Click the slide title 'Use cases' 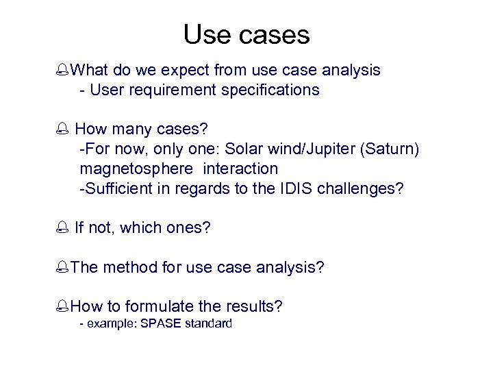(x=246, y=34)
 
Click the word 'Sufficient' (x=120, y=188)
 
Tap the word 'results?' (x=253, y=306)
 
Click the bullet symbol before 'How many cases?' (x=64, y=129)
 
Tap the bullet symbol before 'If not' (x=64, y=228)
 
